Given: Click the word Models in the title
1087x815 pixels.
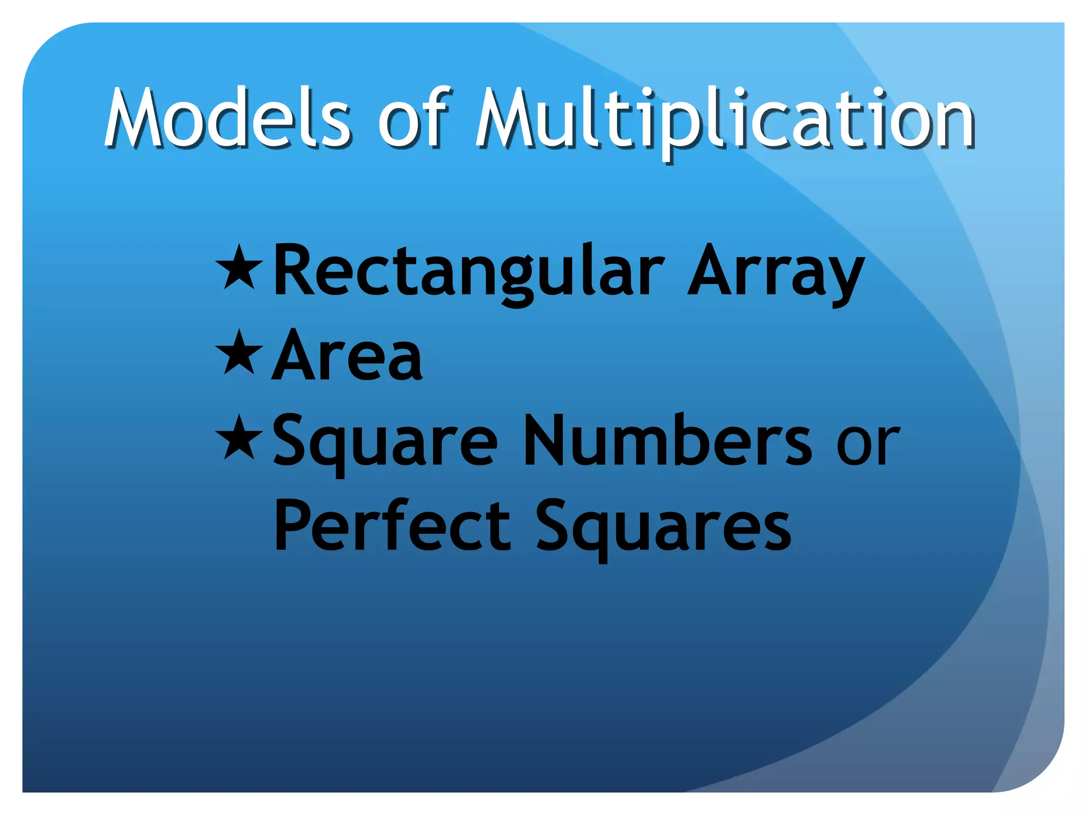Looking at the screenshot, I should (x=227, y=118).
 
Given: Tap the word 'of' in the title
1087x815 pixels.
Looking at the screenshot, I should (x=414, y=118).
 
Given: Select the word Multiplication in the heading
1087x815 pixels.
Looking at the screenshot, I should (x=724, y=119).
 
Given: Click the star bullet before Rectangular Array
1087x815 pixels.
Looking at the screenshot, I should (x=239, y=267).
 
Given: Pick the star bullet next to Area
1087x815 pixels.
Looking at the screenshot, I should (x=239, y=352).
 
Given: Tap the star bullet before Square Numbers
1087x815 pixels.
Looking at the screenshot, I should (x=239, y=437).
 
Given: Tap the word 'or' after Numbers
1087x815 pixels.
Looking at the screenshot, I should (x=868, y=445).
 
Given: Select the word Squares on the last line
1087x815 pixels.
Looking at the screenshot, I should (x=663, y=527).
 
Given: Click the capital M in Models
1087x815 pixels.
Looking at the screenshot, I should (x=135, y=118).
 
